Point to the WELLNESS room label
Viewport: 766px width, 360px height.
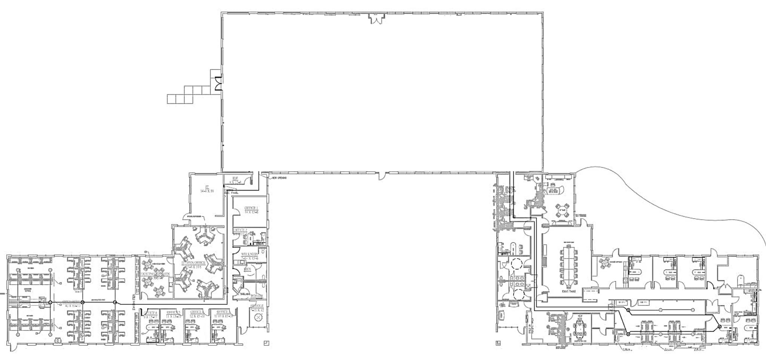(x=249, y=254)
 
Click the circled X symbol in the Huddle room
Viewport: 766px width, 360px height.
(x=258, y=318)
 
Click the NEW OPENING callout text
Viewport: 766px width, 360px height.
(x=279, y=178)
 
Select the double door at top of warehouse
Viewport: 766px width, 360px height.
(x=376, y=18)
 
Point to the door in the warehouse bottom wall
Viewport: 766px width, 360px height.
(x=382, y=176)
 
